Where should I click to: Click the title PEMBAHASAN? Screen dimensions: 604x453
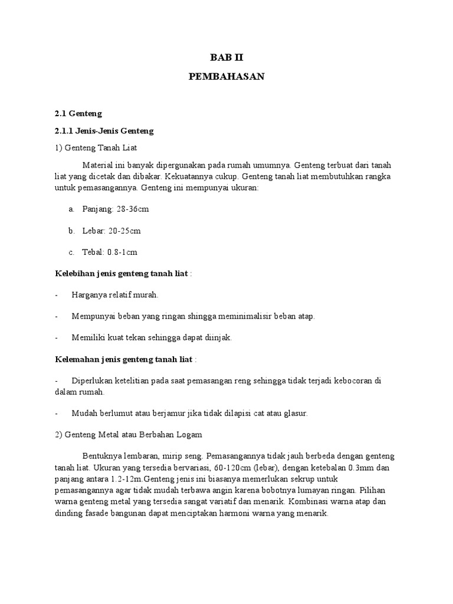click(226, 77)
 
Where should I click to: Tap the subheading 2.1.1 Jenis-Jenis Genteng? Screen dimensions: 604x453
click(104, 130)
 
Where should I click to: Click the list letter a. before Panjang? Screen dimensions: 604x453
click(71, 209)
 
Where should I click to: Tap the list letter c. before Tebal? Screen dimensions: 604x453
click(71, 252)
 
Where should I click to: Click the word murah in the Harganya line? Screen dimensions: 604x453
click(147, 294)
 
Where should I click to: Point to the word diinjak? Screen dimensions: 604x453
click(218, 337)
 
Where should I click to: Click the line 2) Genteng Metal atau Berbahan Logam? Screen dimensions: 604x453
click(129, 435)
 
